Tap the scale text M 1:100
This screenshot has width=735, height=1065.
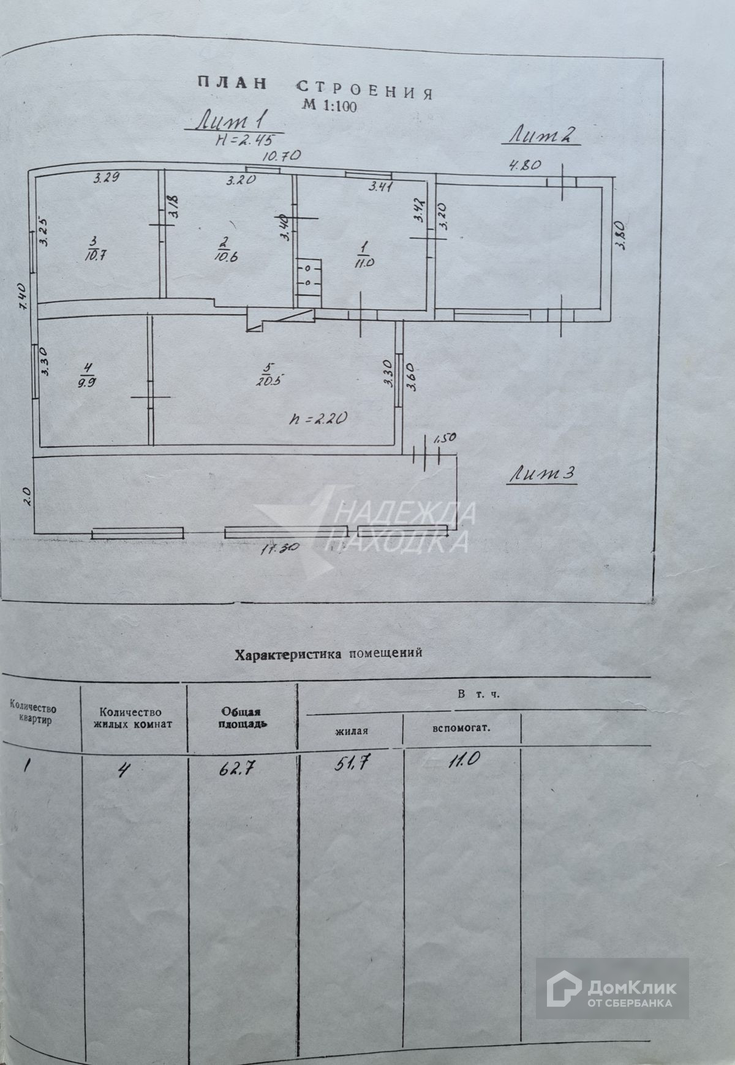pos(329,105)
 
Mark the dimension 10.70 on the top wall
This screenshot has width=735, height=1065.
pos(280,156)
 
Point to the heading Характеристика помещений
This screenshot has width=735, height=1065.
pos(329,653)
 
